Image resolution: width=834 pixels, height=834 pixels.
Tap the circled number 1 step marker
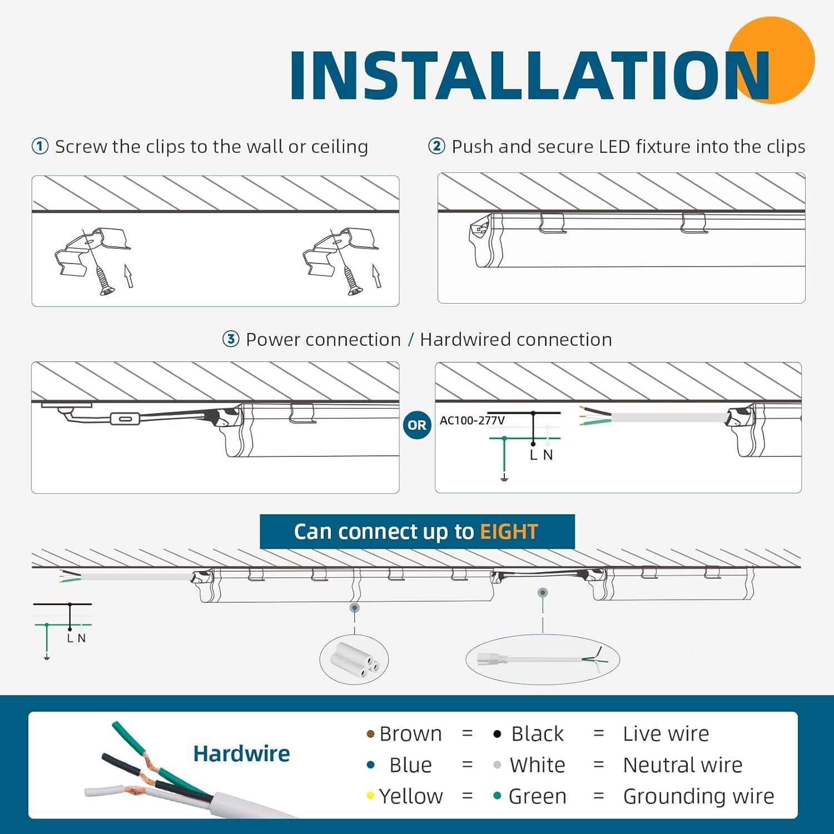tap(40, 147)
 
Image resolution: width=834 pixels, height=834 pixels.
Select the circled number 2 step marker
tap(436, 146)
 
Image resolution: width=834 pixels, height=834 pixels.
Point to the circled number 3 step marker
tap(231, 339)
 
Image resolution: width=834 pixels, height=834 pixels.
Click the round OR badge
tap(417, 425)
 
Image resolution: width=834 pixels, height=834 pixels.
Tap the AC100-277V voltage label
tap(472, 420)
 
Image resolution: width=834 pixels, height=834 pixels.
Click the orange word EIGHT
tap(509, 532)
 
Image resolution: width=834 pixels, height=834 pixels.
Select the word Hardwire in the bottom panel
tap(241, 754)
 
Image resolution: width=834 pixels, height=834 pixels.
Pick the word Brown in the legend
tap(410, 734)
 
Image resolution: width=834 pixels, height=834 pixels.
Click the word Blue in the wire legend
tap(410, 765)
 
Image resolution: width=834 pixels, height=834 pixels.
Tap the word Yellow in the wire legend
tap(411, 796)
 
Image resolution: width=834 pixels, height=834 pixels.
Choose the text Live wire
tap(666, 734)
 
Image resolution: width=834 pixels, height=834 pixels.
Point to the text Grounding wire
tap(699, 797)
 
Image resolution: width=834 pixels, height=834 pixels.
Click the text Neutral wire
tap(683, 765)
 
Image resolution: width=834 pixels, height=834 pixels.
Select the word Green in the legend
tap(538, 796)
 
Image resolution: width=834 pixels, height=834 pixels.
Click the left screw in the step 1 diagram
tap(104, 281)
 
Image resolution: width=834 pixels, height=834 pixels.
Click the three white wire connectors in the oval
tap(354, 659)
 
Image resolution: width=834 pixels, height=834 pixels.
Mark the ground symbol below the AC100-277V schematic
tap(504, 478)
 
